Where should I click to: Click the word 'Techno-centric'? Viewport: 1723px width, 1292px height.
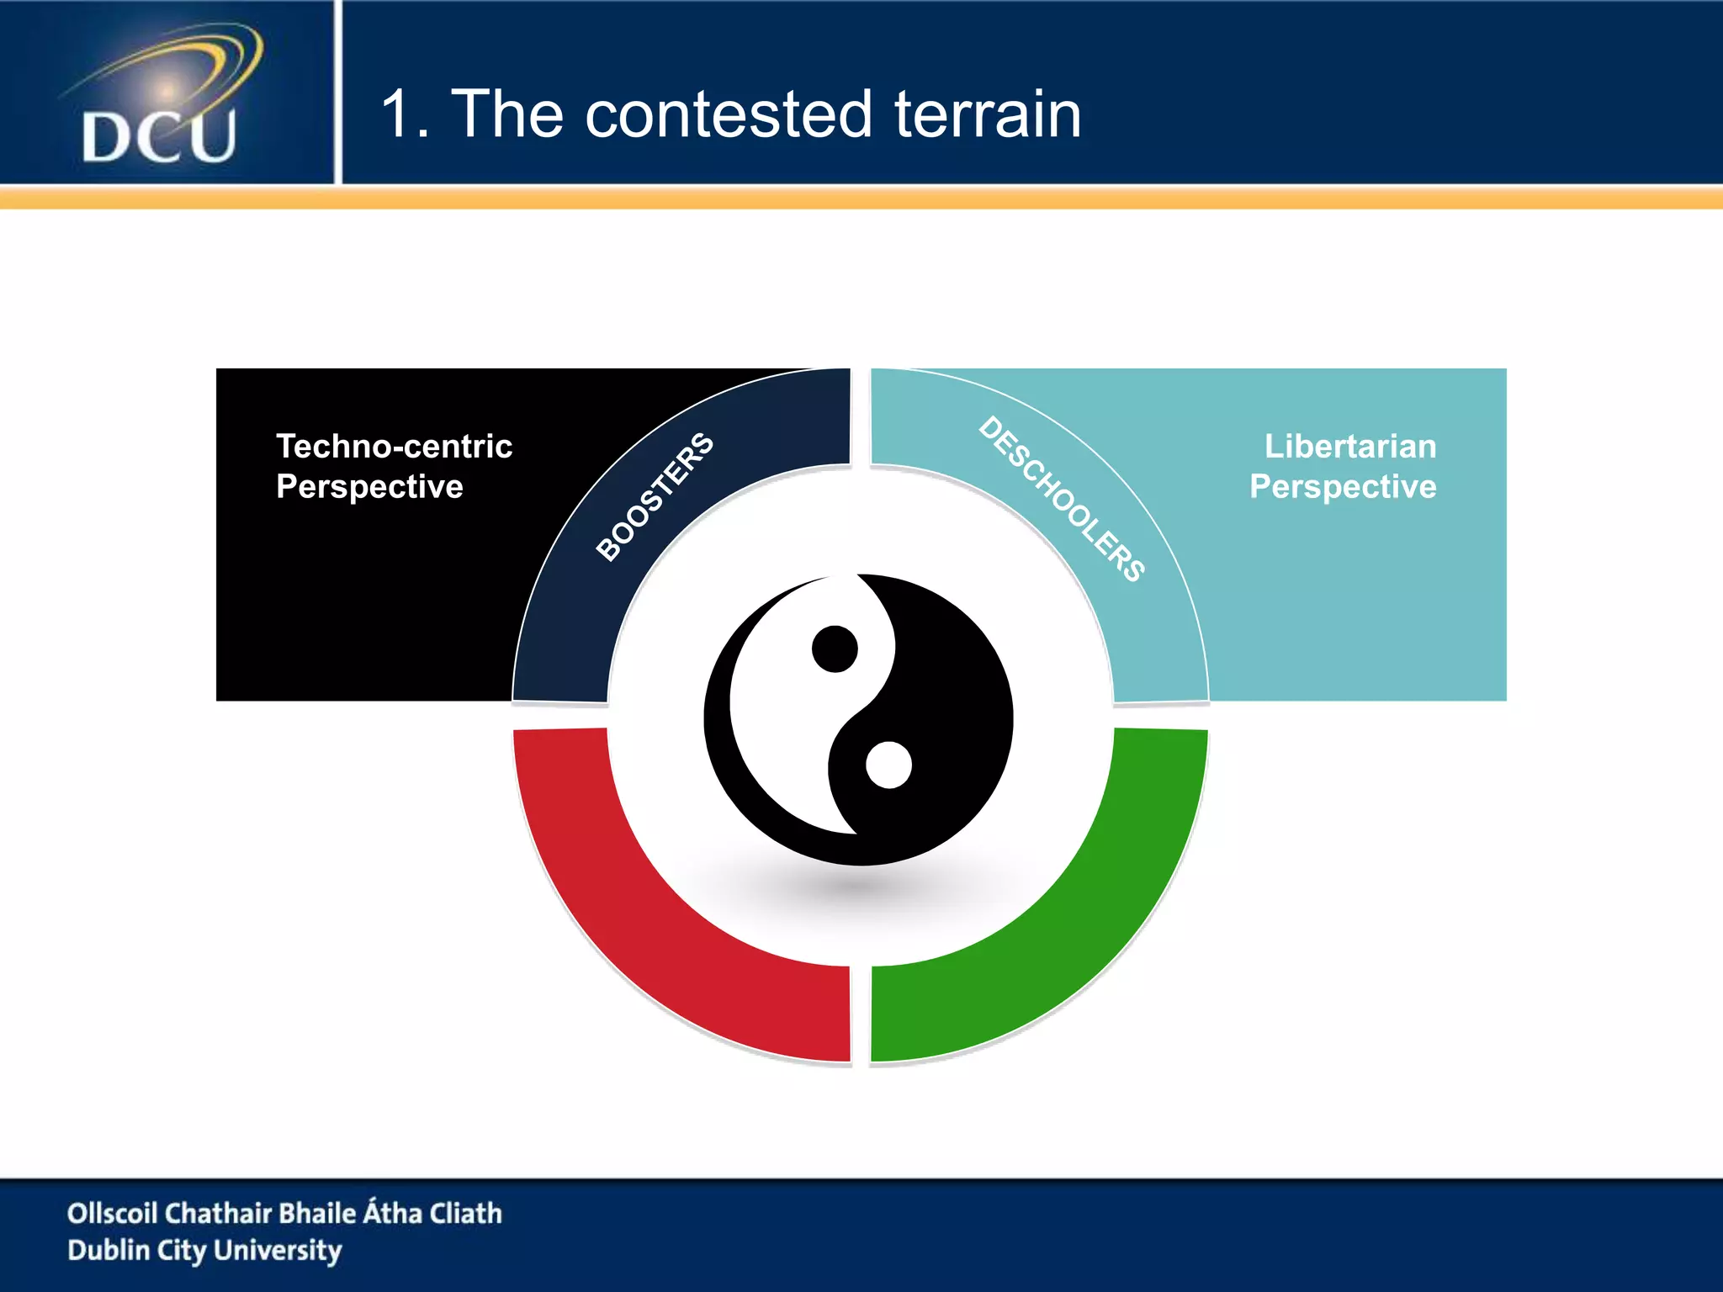394,446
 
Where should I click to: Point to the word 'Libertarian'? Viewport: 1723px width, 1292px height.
1350,446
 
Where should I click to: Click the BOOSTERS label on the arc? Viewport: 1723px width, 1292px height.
655,496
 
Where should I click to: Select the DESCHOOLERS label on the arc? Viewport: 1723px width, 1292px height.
1062,498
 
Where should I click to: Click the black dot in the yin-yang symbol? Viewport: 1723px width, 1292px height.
835,649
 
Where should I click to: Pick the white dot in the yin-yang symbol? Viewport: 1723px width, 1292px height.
888,765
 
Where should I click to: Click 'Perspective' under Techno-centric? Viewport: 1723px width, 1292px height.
369,487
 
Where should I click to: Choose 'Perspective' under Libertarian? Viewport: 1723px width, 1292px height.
1343,487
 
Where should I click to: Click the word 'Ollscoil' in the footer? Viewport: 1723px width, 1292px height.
112,1213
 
